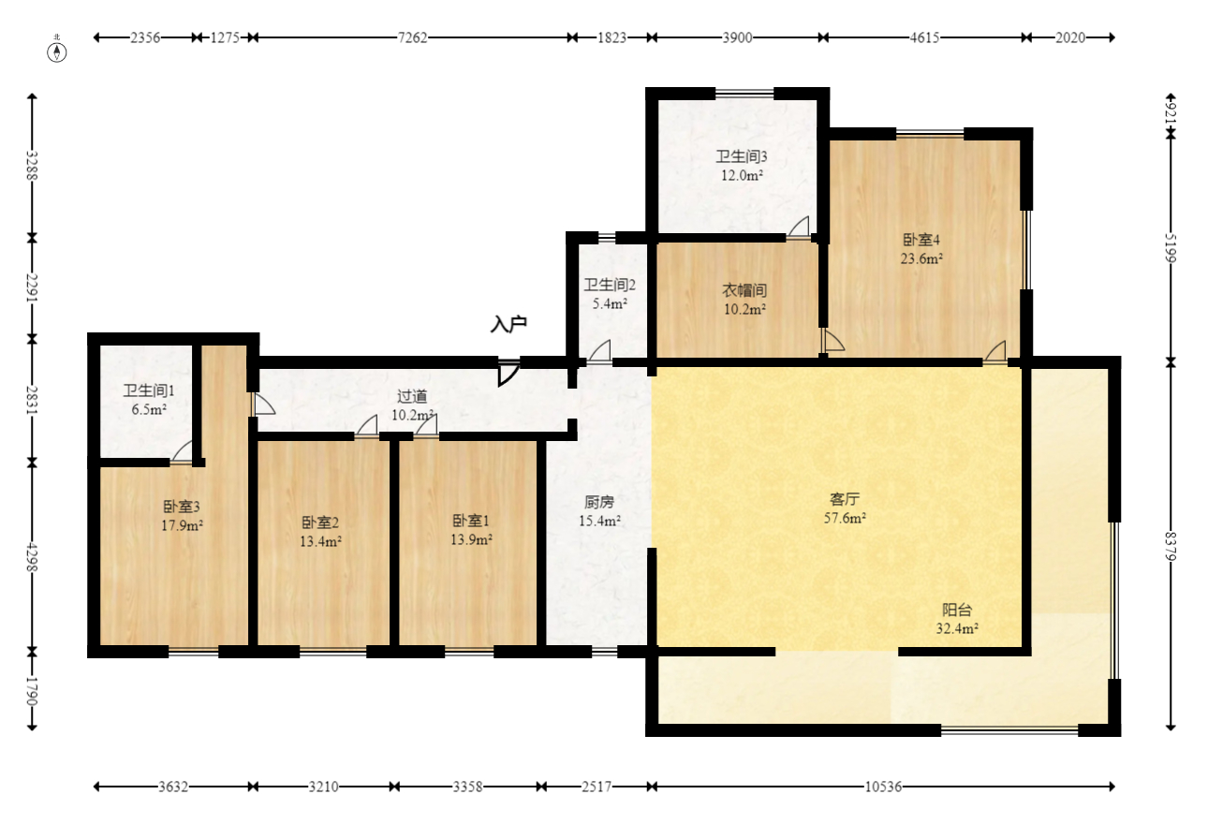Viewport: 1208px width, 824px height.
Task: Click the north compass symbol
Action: click(56, 51)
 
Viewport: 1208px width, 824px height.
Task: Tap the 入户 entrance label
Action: click(508, 325)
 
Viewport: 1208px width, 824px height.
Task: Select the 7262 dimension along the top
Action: click(413, 37)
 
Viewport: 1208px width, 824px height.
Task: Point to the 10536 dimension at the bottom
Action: click(883, 787)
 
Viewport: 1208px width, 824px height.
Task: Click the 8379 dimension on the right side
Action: click(1171, 546)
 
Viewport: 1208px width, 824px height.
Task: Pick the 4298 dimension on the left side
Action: click(33, 557)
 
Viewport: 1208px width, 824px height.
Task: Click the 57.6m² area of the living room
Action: click(845, 518)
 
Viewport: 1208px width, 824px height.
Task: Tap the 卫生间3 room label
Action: click(742, 157)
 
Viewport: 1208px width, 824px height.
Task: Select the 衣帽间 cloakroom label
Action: click(744, 290)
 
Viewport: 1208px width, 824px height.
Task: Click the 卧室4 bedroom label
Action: click(921, 240)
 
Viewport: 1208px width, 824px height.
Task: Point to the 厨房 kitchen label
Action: click(599, 503)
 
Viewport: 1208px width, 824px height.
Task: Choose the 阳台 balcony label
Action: click(957, 610)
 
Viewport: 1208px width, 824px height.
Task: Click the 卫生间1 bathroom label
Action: click(149, 391)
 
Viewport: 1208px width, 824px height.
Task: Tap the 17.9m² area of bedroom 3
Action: click(182, 525)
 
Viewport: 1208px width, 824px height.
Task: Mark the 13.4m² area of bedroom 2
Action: click(320, 541)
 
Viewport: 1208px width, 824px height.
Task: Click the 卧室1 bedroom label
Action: click(471, 521)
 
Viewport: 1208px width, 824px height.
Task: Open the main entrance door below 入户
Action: click(508, 372)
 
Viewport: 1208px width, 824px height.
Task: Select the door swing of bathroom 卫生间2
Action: click(598, 351)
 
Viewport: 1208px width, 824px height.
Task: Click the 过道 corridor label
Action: click(412, 397)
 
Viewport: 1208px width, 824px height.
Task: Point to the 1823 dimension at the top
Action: click(612, 37)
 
